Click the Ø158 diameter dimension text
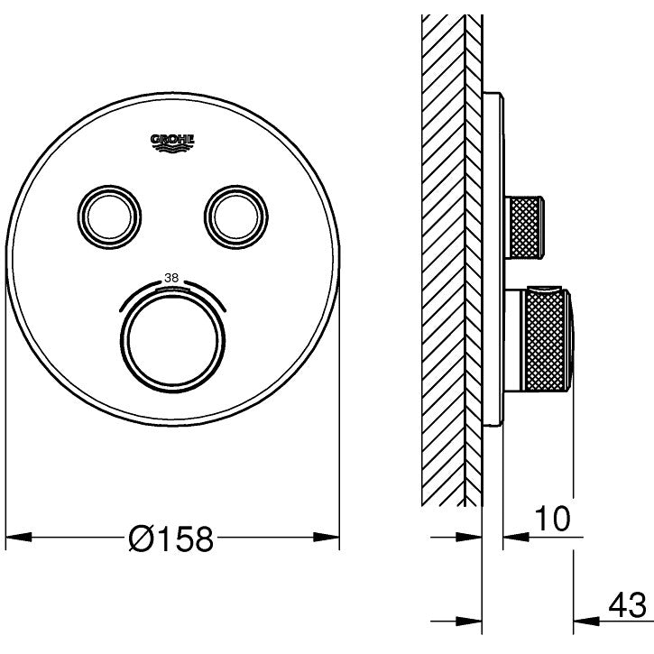171,539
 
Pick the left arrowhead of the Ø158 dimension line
18,539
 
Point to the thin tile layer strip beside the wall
474,253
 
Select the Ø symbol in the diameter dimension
143,539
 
